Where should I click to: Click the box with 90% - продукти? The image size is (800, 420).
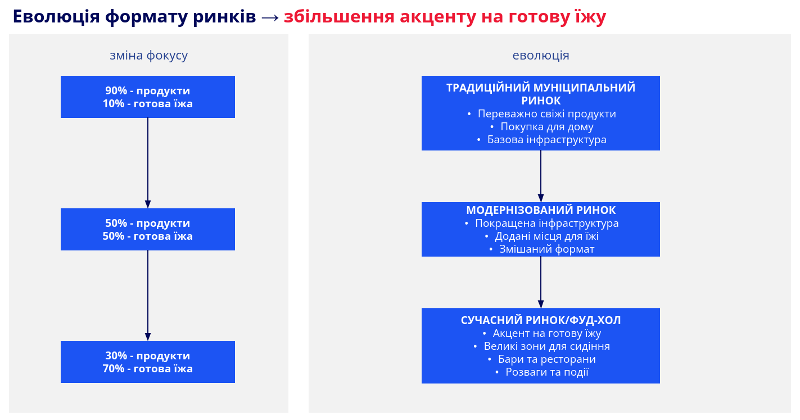pos(147,97)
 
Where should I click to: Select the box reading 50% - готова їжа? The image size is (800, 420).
pos(147,229)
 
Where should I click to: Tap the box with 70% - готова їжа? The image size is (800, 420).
pos(147,362)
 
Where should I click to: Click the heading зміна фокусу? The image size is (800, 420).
pos(148,56)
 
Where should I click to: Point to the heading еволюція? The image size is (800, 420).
pos(541,56)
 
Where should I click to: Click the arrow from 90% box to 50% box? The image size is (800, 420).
pos(147,163)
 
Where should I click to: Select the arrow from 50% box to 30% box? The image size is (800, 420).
pos(147,295)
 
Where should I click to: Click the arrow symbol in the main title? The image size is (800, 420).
pos(270,17)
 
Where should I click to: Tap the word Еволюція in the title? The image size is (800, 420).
pos(56,16)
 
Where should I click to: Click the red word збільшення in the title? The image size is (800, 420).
pos(339,16)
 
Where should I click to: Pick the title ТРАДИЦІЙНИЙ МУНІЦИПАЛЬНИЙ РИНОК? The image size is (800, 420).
pos(541,94)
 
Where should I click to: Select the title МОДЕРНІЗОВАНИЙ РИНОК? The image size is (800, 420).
pos(541,210)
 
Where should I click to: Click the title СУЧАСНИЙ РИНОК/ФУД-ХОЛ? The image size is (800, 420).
pos(541,320)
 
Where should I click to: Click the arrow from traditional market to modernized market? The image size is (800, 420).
pos(541,176)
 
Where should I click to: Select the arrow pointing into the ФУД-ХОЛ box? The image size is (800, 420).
pos(541,282)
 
